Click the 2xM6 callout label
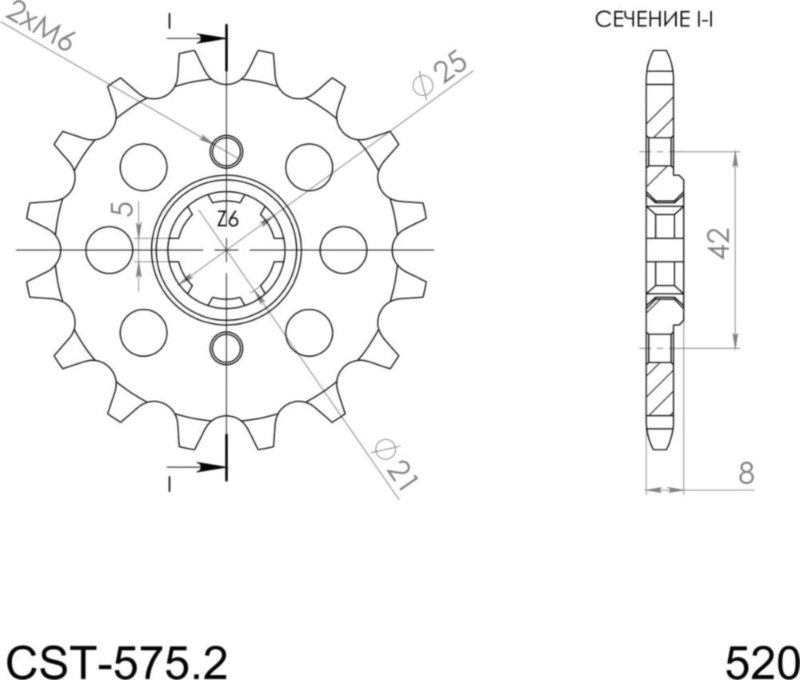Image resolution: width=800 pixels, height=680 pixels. [38, 26]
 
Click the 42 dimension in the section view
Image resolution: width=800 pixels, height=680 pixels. [719, 243]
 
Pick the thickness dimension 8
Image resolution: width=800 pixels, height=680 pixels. [746, 474]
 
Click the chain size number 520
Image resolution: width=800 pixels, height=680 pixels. [761, 661]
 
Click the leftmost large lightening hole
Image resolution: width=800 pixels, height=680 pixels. [109, 250]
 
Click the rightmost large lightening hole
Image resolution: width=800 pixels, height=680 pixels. [343, 250]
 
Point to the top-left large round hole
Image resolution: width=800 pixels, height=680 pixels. [144, 167]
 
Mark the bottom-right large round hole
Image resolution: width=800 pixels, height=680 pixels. [309, 332]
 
